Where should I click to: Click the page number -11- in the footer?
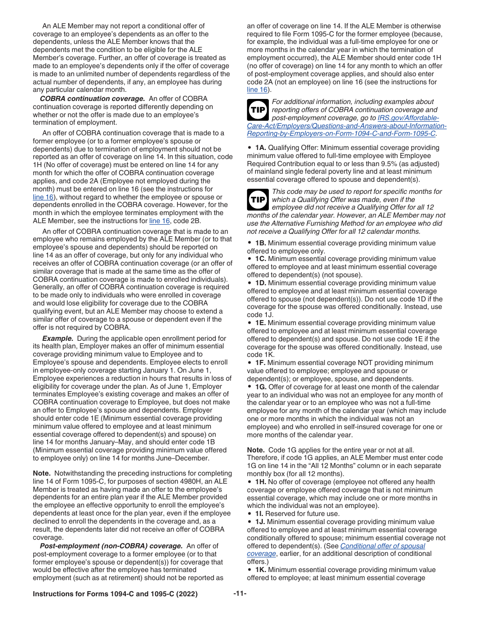coord(240,594)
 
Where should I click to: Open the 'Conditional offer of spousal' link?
coord(382,546)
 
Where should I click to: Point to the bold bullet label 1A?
coord(260,147)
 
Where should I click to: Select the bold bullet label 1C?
coord(260,259)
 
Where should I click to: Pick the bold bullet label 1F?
coord(260,363)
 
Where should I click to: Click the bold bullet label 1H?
coord(260,482)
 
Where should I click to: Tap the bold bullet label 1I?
coord(259,513)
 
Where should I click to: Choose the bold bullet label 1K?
coord(260,570)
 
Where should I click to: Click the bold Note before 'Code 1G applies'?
coord(256,449)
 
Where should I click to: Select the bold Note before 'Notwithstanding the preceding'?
coord(41,474)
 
